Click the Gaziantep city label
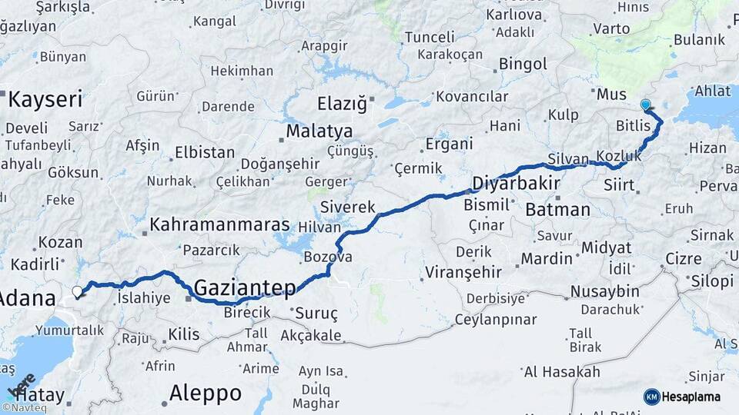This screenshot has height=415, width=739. click(245, 288)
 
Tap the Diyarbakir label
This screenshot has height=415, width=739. click(513, 184)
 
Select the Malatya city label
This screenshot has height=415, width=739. click(319, 131)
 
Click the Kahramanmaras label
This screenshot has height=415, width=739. click(219, 225)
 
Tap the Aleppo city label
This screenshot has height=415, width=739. click(205, 393)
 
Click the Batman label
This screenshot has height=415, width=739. click(557, 209)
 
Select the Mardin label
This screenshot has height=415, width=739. click(547, 258)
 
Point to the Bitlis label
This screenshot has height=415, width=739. click(633, 125)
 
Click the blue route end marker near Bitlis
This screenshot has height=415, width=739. click(645, 105)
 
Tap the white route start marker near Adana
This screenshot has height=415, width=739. click(77, 291)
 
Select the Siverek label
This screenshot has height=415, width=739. click(347, 207)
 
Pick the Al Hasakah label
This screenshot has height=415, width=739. click(561, 372)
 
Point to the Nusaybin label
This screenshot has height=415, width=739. click(604, 291)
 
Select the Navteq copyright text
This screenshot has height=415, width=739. click(25, 408)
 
